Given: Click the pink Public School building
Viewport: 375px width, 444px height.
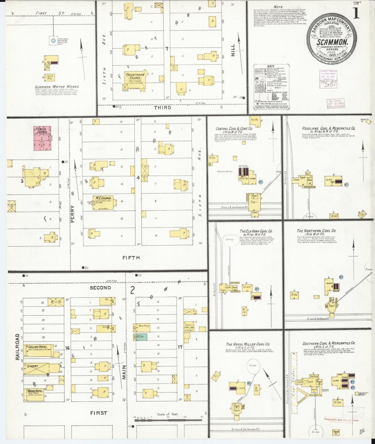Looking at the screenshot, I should coord(42,138).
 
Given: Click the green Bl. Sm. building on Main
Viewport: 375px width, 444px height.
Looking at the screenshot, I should coord(142,337).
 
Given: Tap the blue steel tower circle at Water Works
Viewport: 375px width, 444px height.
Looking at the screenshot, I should coord(53,40).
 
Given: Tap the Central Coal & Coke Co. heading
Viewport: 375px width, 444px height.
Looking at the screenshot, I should coord(234,128).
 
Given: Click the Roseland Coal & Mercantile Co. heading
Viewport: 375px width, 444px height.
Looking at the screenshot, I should coord(328,128).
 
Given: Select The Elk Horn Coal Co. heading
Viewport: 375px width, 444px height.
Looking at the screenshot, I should coord(256,231).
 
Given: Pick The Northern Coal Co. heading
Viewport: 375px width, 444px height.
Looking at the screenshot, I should coord(316,231).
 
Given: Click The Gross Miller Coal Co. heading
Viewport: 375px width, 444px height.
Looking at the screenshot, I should coord(248,344).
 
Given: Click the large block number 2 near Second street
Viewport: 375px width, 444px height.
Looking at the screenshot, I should coord(132,290).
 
